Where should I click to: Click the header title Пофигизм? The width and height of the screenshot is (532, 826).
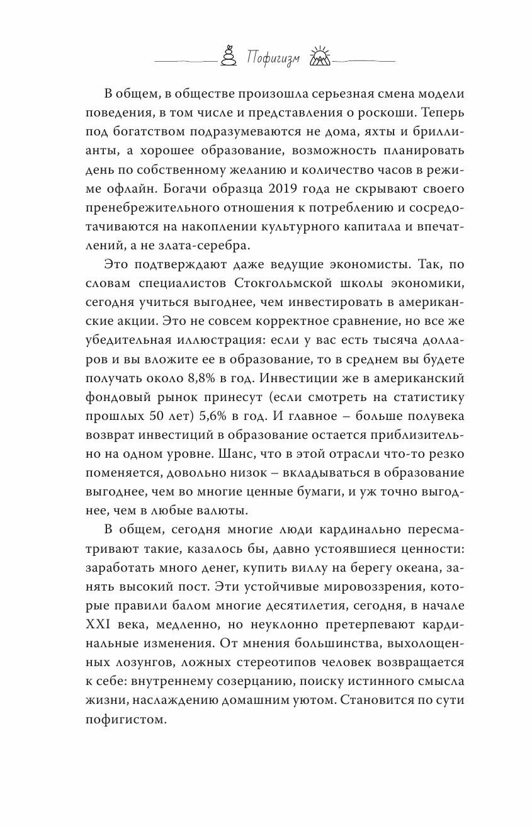point(273,59)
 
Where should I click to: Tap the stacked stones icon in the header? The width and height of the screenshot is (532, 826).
point(227,56)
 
